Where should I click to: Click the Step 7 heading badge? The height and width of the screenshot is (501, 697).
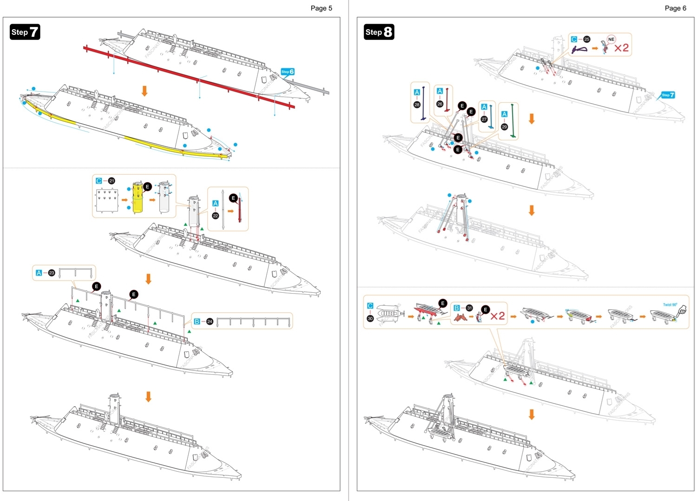25,32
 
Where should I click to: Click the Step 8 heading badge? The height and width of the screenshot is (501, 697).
379,32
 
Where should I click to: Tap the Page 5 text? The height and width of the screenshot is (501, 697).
321,8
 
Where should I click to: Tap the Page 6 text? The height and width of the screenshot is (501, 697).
675,8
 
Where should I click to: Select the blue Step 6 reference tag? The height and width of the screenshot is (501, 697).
288,72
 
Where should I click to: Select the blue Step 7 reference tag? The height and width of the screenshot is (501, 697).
668,95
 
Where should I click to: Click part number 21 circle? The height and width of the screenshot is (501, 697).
112,181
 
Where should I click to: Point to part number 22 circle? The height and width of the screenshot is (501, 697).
215,216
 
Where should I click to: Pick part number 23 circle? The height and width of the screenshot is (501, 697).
52,273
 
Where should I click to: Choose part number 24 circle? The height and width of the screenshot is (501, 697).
210,322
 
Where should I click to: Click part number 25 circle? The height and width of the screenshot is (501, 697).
586,40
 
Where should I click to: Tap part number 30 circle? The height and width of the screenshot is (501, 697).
370,318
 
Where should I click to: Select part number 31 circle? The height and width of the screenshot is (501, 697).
469,308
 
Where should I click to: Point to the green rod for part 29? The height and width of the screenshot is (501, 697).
513,121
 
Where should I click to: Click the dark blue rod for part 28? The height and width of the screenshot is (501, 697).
423,103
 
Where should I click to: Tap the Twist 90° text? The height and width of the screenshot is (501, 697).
670,305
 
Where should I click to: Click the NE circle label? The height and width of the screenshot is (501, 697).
611,40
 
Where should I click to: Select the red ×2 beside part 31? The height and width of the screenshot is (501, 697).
497,316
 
